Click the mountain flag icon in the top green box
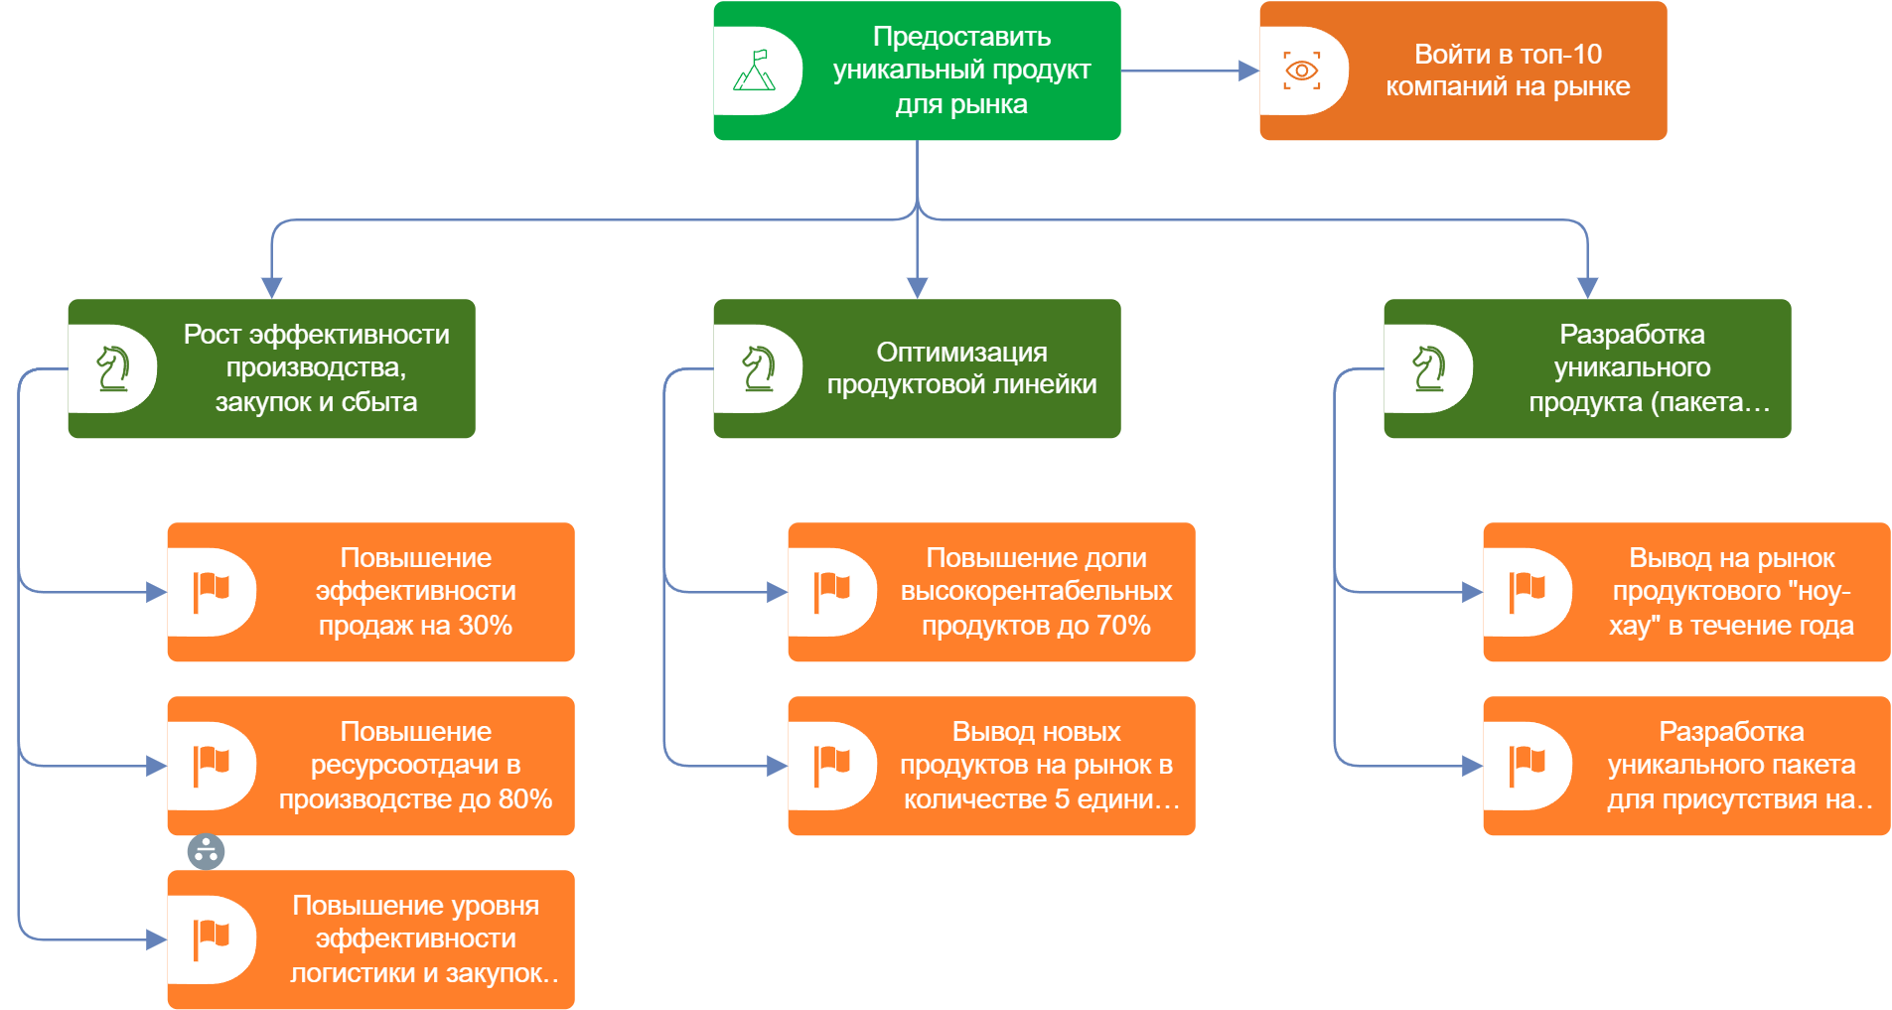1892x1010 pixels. click(755, 71)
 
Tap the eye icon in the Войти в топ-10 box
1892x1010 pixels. click(1301, 71)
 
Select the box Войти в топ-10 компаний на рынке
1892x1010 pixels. click(1507, 71)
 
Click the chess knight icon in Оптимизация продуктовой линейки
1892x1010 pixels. click(759, 368)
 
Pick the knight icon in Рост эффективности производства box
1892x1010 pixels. click(113, 368)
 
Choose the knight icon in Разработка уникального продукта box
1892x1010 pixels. click(1429, 368)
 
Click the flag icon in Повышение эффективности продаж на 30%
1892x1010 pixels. click(211, 592)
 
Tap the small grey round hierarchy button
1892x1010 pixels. click(206, 851)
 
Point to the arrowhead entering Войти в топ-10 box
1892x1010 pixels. click(1249, 71)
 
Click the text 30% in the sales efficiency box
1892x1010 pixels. click(486, 626)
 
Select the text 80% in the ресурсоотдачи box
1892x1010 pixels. click(525, 799)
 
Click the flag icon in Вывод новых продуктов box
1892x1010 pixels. click(832, 766)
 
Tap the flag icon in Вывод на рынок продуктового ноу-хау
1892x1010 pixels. click(1528, 592)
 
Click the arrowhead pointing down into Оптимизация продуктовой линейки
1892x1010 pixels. click(918, 288)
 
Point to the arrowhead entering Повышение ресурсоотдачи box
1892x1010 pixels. click(157, 766)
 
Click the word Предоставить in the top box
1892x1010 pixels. click(961, 37)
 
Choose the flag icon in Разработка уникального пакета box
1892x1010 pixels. click(1528, 766)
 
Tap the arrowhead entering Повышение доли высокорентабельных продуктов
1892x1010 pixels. click(778, 592)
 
